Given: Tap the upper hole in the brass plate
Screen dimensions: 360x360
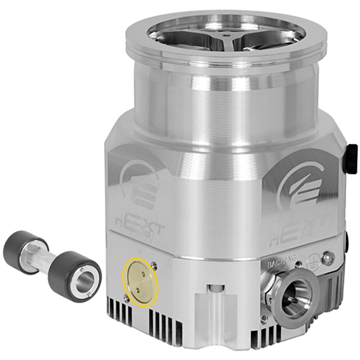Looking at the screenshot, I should tap(143, 274).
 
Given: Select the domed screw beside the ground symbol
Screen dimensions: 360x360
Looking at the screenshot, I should tap(328, 258).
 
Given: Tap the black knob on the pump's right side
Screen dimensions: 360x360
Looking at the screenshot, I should tap(350, 158).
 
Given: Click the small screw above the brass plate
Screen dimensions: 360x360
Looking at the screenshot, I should tap(154, 265).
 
